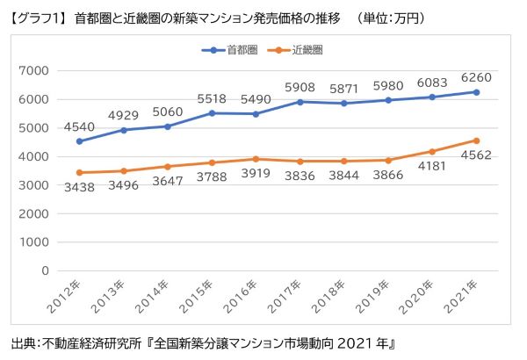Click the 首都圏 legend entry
(x=235, y=51)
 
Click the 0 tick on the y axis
(x=45, y=270)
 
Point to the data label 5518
(x=212, y=97)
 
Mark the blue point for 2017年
(x=300, y=102)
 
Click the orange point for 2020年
(x=431, y=151)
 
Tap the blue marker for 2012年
(x=80, y=141)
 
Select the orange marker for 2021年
(x=475, y=140)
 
